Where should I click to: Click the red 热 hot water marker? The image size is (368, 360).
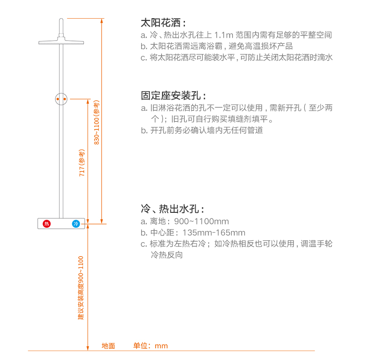[46, 224]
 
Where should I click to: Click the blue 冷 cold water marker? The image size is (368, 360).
[75, 224]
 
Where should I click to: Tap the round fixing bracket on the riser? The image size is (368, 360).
[61, 99]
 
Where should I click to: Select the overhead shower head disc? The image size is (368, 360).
[61, 42]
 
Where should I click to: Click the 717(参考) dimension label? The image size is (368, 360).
[82, 163]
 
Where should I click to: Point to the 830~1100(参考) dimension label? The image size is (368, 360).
[97, 122]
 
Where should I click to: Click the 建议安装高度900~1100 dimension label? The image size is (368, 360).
[81, 288]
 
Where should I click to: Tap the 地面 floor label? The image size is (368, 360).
[109, 346]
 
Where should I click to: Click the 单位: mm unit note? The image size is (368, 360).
[150, 346]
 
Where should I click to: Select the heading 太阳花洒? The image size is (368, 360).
[163, 22]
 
